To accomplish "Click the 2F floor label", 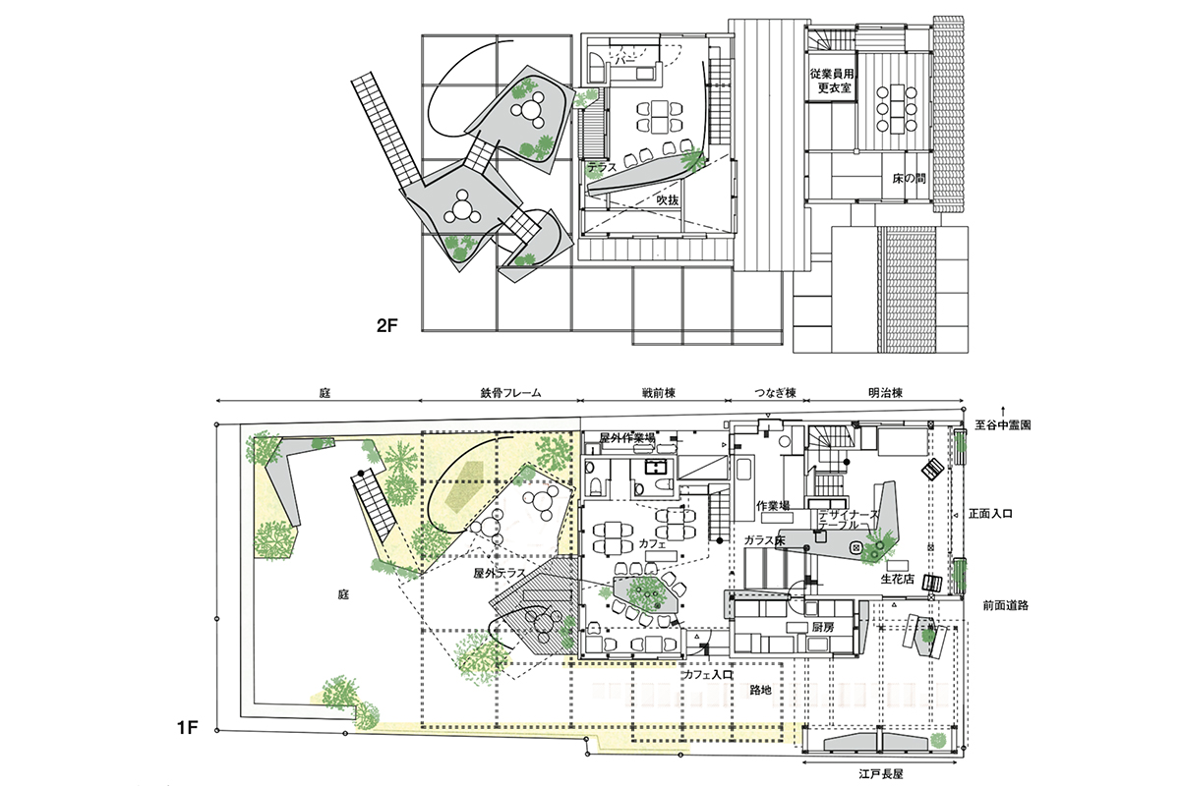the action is click(387, 326).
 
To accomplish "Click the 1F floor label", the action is click(188, 728).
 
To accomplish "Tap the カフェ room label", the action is click(654, 544).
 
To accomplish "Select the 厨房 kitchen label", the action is click(822, 627).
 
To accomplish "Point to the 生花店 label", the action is click(897, 579).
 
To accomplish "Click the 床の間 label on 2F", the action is click(909, 179).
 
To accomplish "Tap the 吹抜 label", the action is click(668, 200).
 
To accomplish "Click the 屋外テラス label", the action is click(500, 574).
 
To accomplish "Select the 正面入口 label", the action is click(990, 514).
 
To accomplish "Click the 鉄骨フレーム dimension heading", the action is click(510, 393).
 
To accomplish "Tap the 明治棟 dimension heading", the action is click(885, 393).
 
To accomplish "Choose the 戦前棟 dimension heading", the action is click(659, 393).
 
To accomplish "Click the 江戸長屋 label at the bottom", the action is click(881, 774).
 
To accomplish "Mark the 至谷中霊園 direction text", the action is click(1002, 424).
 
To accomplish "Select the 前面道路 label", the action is click(1005, 605).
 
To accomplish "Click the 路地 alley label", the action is click(760, 690).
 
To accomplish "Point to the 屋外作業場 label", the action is click(627, 437).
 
